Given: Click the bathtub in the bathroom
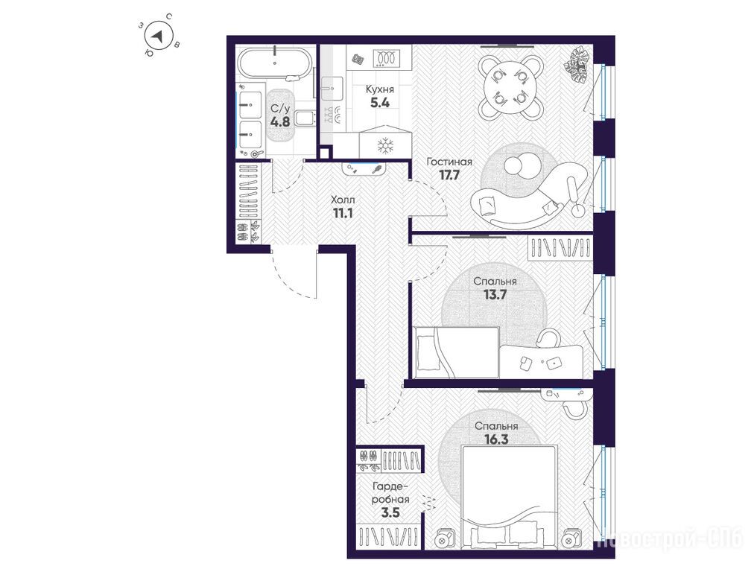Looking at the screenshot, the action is (275, 63).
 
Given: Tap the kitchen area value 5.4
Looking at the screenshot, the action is (379, 102).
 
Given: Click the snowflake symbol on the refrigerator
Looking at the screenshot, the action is (385, 146).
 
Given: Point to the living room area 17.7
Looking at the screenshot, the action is (449, 174).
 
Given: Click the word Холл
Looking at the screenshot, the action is (343, 200).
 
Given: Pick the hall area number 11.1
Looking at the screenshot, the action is (343, 212).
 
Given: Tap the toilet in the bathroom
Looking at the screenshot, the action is (304, 118).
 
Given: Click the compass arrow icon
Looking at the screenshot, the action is (157, 36).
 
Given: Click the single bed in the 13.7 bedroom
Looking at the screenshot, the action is (456, 352).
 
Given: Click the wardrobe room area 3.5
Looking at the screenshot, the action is (390, 512).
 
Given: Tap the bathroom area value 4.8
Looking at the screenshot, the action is (280, 121).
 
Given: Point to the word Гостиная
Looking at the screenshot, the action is (449, 162).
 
